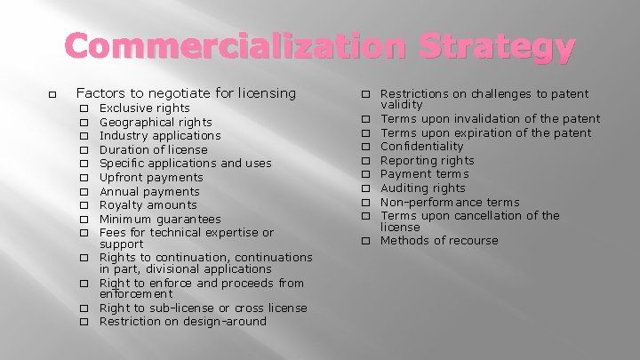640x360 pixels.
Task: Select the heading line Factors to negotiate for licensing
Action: tap(186, 92)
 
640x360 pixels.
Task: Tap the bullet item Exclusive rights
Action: tap(144, 108)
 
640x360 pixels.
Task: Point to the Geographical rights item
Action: tap(156, 122)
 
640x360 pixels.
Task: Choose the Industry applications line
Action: tap(160, 135)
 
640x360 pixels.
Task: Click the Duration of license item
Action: tap(153, 149)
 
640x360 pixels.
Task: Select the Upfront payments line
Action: tap(151, 177)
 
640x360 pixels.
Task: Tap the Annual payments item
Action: tap(149, 191)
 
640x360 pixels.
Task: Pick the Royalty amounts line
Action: tap(148, 204)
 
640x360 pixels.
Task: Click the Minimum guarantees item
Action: tap(160, 219)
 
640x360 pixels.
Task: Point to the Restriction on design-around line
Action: tap(183, 321)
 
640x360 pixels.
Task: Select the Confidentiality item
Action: tap(421, 146)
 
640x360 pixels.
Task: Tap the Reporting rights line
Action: tap(427, 160)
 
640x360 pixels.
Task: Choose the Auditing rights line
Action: tap(422, 188)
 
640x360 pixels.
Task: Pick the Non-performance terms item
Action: tap(450, 202)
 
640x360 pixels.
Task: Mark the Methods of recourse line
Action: tap(439, 240)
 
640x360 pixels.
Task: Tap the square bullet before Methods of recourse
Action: tap(364, 241)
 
